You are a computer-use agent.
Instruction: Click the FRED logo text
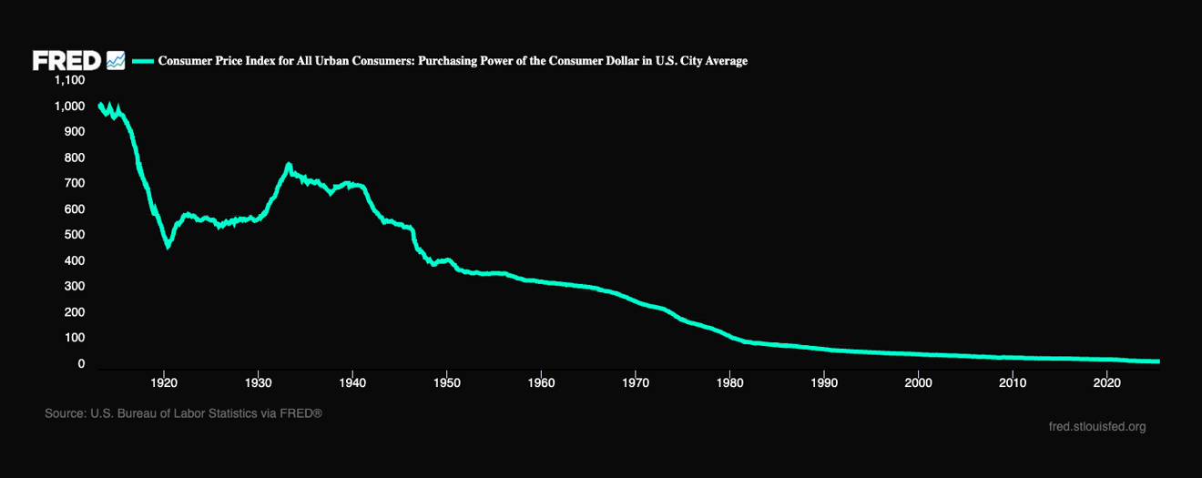point(66,61)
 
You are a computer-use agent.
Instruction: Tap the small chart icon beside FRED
point(116,61)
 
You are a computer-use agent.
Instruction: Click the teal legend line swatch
point(143,61)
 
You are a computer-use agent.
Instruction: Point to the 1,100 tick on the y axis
point(69,80)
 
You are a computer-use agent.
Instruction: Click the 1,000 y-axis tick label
point(69,106)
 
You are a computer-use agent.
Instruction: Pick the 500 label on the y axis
point(75,235)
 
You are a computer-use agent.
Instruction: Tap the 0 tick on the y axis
point(82,364)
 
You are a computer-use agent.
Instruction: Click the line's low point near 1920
point(168,246)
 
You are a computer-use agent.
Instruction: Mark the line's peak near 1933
point(289,165)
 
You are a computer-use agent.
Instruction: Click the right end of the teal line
point(1157,361)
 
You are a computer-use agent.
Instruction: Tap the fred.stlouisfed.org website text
point(1097,426)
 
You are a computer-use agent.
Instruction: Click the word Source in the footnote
point(65,413)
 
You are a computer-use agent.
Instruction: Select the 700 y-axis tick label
point(75,183)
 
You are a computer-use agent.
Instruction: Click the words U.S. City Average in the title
point(701,61)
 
